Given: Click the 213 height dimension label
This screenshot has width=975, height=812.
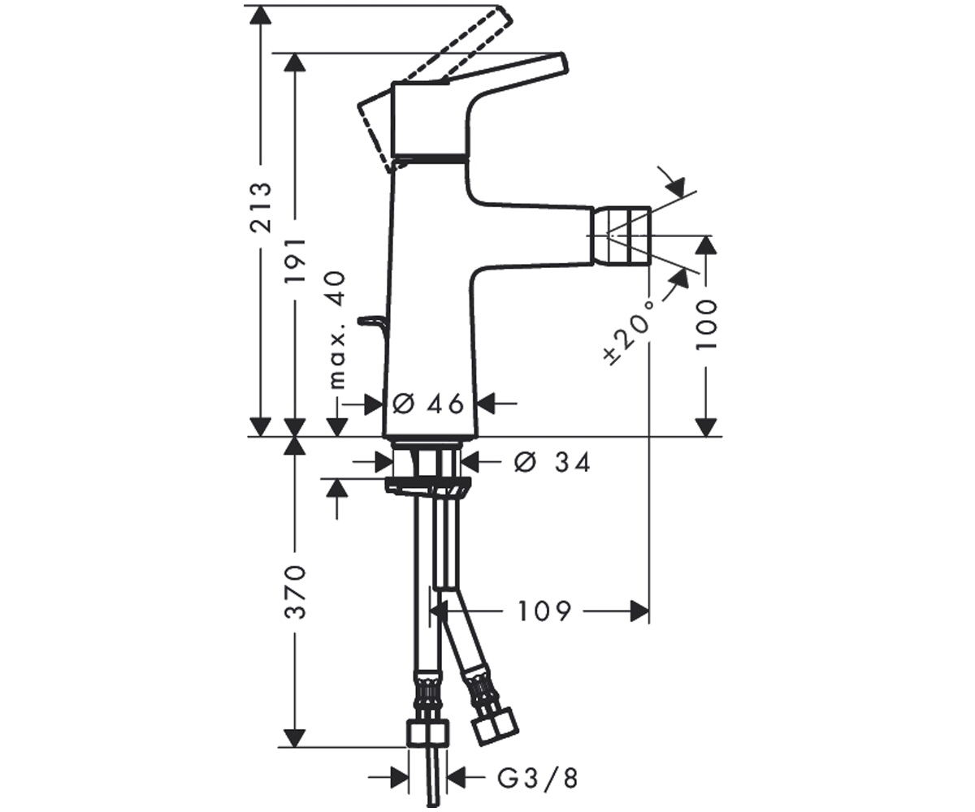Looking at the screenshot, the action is (261, 207).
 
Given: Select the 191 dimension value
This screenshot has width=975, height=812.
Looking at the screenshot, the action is (295, 260).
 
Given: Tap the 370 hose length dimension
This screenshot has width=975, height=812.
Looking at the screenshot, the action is (295, 592).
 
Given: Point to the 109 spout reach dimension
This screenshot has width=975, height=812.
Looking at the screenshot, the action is (544, 611).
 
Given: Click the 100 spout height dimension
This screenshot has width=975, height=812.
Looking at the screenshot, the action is (707, 325).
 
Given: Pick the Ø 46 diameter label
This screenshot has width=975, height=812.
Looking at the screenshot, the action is (428, 404).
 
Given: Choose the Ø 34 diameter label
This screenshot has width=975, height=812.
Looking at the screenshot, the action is (552, 463).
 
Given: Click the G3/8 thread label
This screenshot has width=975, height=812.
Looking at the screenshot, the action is (537, 778).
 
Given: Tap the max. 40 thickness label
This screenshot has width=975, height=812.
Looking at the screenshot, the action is (337, 330).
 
